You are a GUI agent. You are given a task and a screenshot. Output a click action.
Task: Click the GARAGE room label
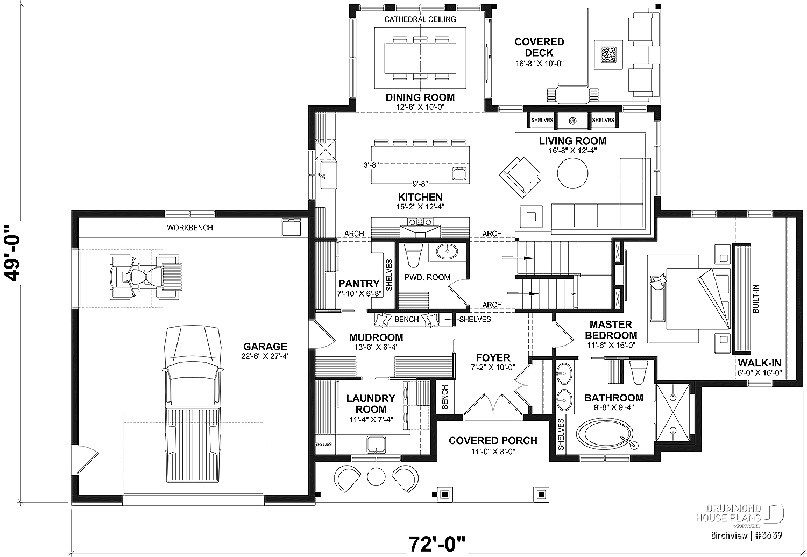265,347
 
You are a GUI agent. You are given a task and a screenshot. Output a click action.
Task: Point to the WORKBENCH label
190,228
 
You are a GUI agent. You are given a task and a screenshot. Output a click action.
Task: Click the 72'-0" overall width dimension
437,544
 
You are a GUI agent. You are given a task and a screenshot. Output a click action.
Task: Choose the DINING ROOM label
420,97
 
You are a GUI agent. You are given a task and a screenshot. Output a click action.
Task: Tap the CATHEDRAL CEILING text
420,19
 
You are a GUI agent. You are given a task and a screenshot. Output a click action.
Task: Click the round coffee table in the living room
572,173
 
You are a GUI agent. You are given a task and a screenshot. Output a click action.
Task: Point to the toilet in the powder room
414,255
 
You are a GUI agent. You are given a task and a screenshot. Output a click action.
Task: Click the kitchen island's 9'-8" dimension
420,184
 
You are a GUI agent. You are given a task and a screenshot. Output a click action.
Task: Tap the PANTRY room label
359,284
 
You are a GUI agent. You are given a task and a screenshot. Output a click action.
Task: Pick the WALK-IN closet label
760,363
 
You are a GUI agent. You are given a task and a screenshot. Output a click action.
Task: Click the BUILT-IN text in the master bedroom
755,299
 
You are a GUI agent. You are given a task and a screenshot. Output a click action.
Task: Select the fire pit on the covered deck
608,55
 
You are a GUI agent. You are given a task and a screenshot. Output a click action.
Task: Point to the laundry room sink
376,445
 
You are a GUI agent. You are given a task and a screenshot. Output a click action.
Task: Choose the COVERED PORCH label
493,441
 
